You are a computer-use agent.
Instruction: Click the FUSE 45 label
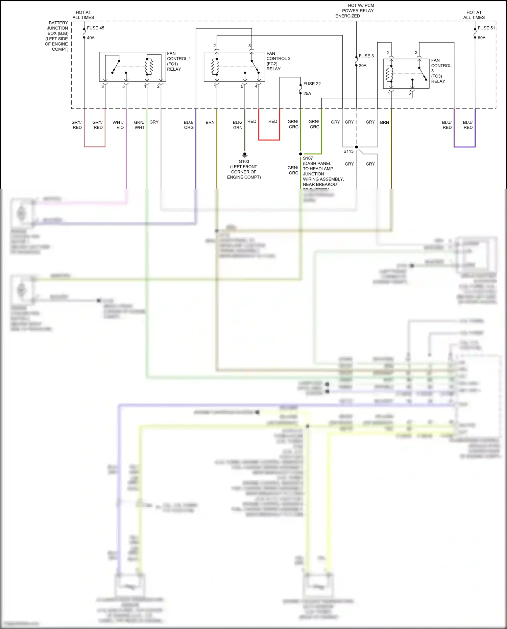click(95, 28)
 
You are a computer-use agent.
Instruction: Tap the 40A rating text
click(91, 38)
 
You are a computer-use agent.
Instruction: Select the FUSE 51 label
click(486, 28)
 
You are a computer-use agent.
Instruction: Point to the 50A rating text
click(481, 38)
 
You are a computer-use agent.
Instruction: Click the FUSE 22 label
click(312, 84)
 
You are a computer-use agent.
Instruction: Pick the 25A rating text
click(307, 94)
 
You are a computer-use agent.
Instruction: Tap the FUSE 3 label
click(366, 56)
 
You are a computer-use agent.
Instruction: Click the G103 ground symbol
click(245, 155)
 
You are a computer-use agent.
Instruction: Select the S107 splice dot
click(300, 154)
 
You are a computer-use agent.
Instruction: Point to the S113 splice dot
click(356, 147)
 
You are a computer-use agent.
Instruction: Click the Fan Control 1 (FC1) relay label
click(178, 61)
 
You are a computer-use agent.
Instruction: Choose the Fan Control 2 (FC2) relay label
click(278, 61)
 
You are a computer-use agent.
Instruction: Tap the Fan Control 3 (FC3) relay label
click(441, 71)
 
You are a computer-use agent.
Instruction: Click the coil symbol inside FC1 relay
click(149, 67)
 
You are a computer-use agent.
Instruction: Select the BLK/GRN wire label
click(238, 125)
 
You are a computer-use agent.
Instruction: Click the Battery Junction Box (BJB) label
click(57, 36)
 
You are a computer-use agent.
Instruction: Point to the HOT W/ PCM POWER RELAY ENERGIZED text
click(355, 10)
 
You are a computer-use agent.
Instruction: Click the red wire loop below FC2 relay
click(269, 139)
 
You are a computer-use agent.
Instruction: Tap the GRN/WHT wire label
click(139, 125)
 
